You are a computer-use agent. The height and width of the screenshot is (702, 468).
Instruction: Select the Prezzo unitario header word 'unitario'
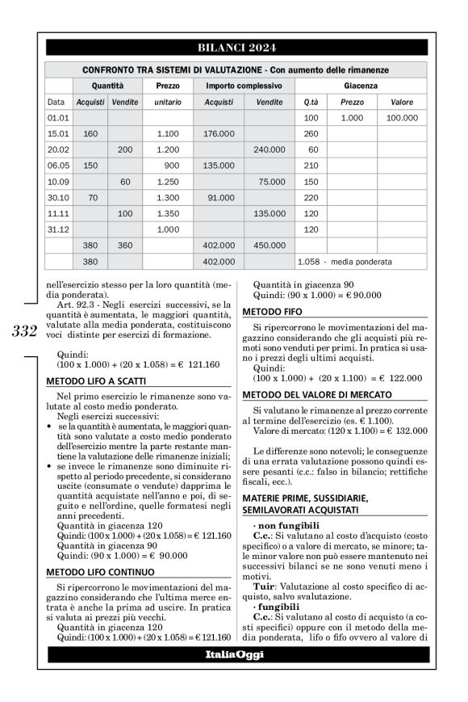pos(168,102)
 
